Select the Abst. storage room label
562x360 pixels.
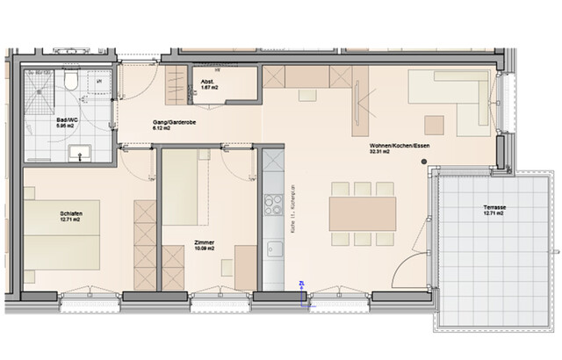pos(207,83)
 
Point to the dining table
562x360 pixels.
pos(361,213)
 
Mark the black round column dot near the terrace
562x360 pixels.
pos(423,162)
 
